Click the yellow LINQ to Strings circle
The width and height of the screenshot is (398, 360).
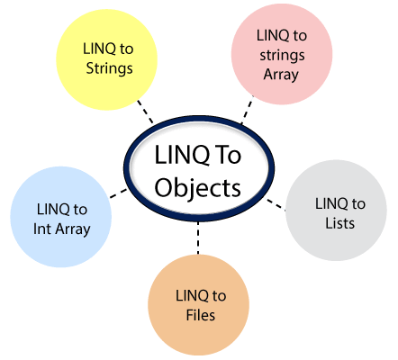tap(107, 59)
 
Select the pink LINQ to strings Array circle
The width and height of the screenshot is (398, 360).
tap(282, 54)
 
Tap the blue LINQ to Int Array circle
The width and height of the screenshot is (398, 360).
tap(61, 217)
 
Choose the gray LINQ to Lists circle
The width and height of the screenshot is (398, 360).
tap(336, 211)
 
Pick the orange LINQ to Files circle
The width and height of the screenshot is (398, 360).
tap(198, 305)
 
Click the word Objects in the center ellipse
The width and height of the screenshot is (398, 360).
tap(197, 189)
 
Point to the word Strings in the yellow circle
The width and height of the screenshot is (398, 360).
tap(110, 68)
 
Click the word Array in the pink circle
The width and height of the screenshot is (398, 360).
tap(281, 75)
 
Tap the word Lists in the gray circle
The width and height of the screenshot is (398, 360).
tap(340, 223)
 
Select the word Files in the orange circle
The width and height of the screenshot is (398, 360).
tap(201, 315)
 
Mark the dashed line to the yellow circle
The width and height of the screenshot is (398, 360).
tap(145, 112)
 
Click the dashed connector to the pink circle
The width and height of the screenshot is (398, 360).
tap(248, 110)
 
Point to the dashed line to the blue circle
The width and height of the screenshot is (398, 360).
tap(118, 193)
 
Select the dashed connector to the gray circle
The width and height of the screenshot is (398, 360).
tap(276, 204)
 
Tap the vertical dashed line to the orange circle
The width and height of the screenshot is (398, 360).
tap(198, 238)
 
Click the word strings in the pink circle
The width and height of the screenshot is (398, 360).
tap(282, 56)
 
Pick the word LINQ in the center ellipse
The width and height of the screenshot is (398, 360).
tap(182, 156)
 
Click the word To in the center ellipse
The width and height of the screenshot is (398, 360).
tap(229, 155)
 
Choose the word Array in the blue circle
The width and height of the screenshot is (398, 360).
tap(73, 229)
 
